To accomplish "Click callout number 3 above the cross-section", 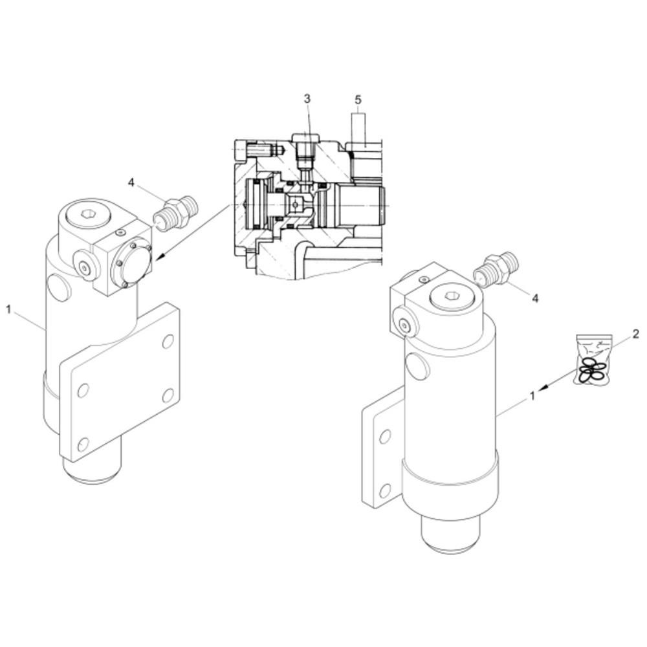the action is pos(307,98).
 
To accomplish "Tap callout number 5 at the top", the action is pos(358,100).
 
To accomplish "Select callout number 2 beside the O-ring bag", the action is pos(635,334).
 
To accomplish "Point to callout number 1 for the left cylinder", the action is pos(9,309).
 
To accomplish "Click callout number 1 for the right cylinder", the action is pos(532,395).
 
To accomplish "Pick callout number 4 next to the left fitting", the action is pos(131,183).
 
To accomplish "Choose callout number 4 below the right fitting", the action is pos(535,298).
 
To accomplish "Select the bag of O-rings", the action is pos(593,360).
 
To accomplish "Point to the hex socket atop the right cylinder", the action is pos(453,298).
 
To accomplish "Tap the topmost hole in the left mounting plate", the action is pos(168,341).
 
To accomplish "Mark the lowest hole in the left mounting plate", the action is pos(82,444).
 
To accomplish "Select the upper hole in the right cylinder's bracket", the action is pos(385,436).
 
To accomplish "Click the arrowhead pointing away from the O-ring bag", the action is pos(544,388).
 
